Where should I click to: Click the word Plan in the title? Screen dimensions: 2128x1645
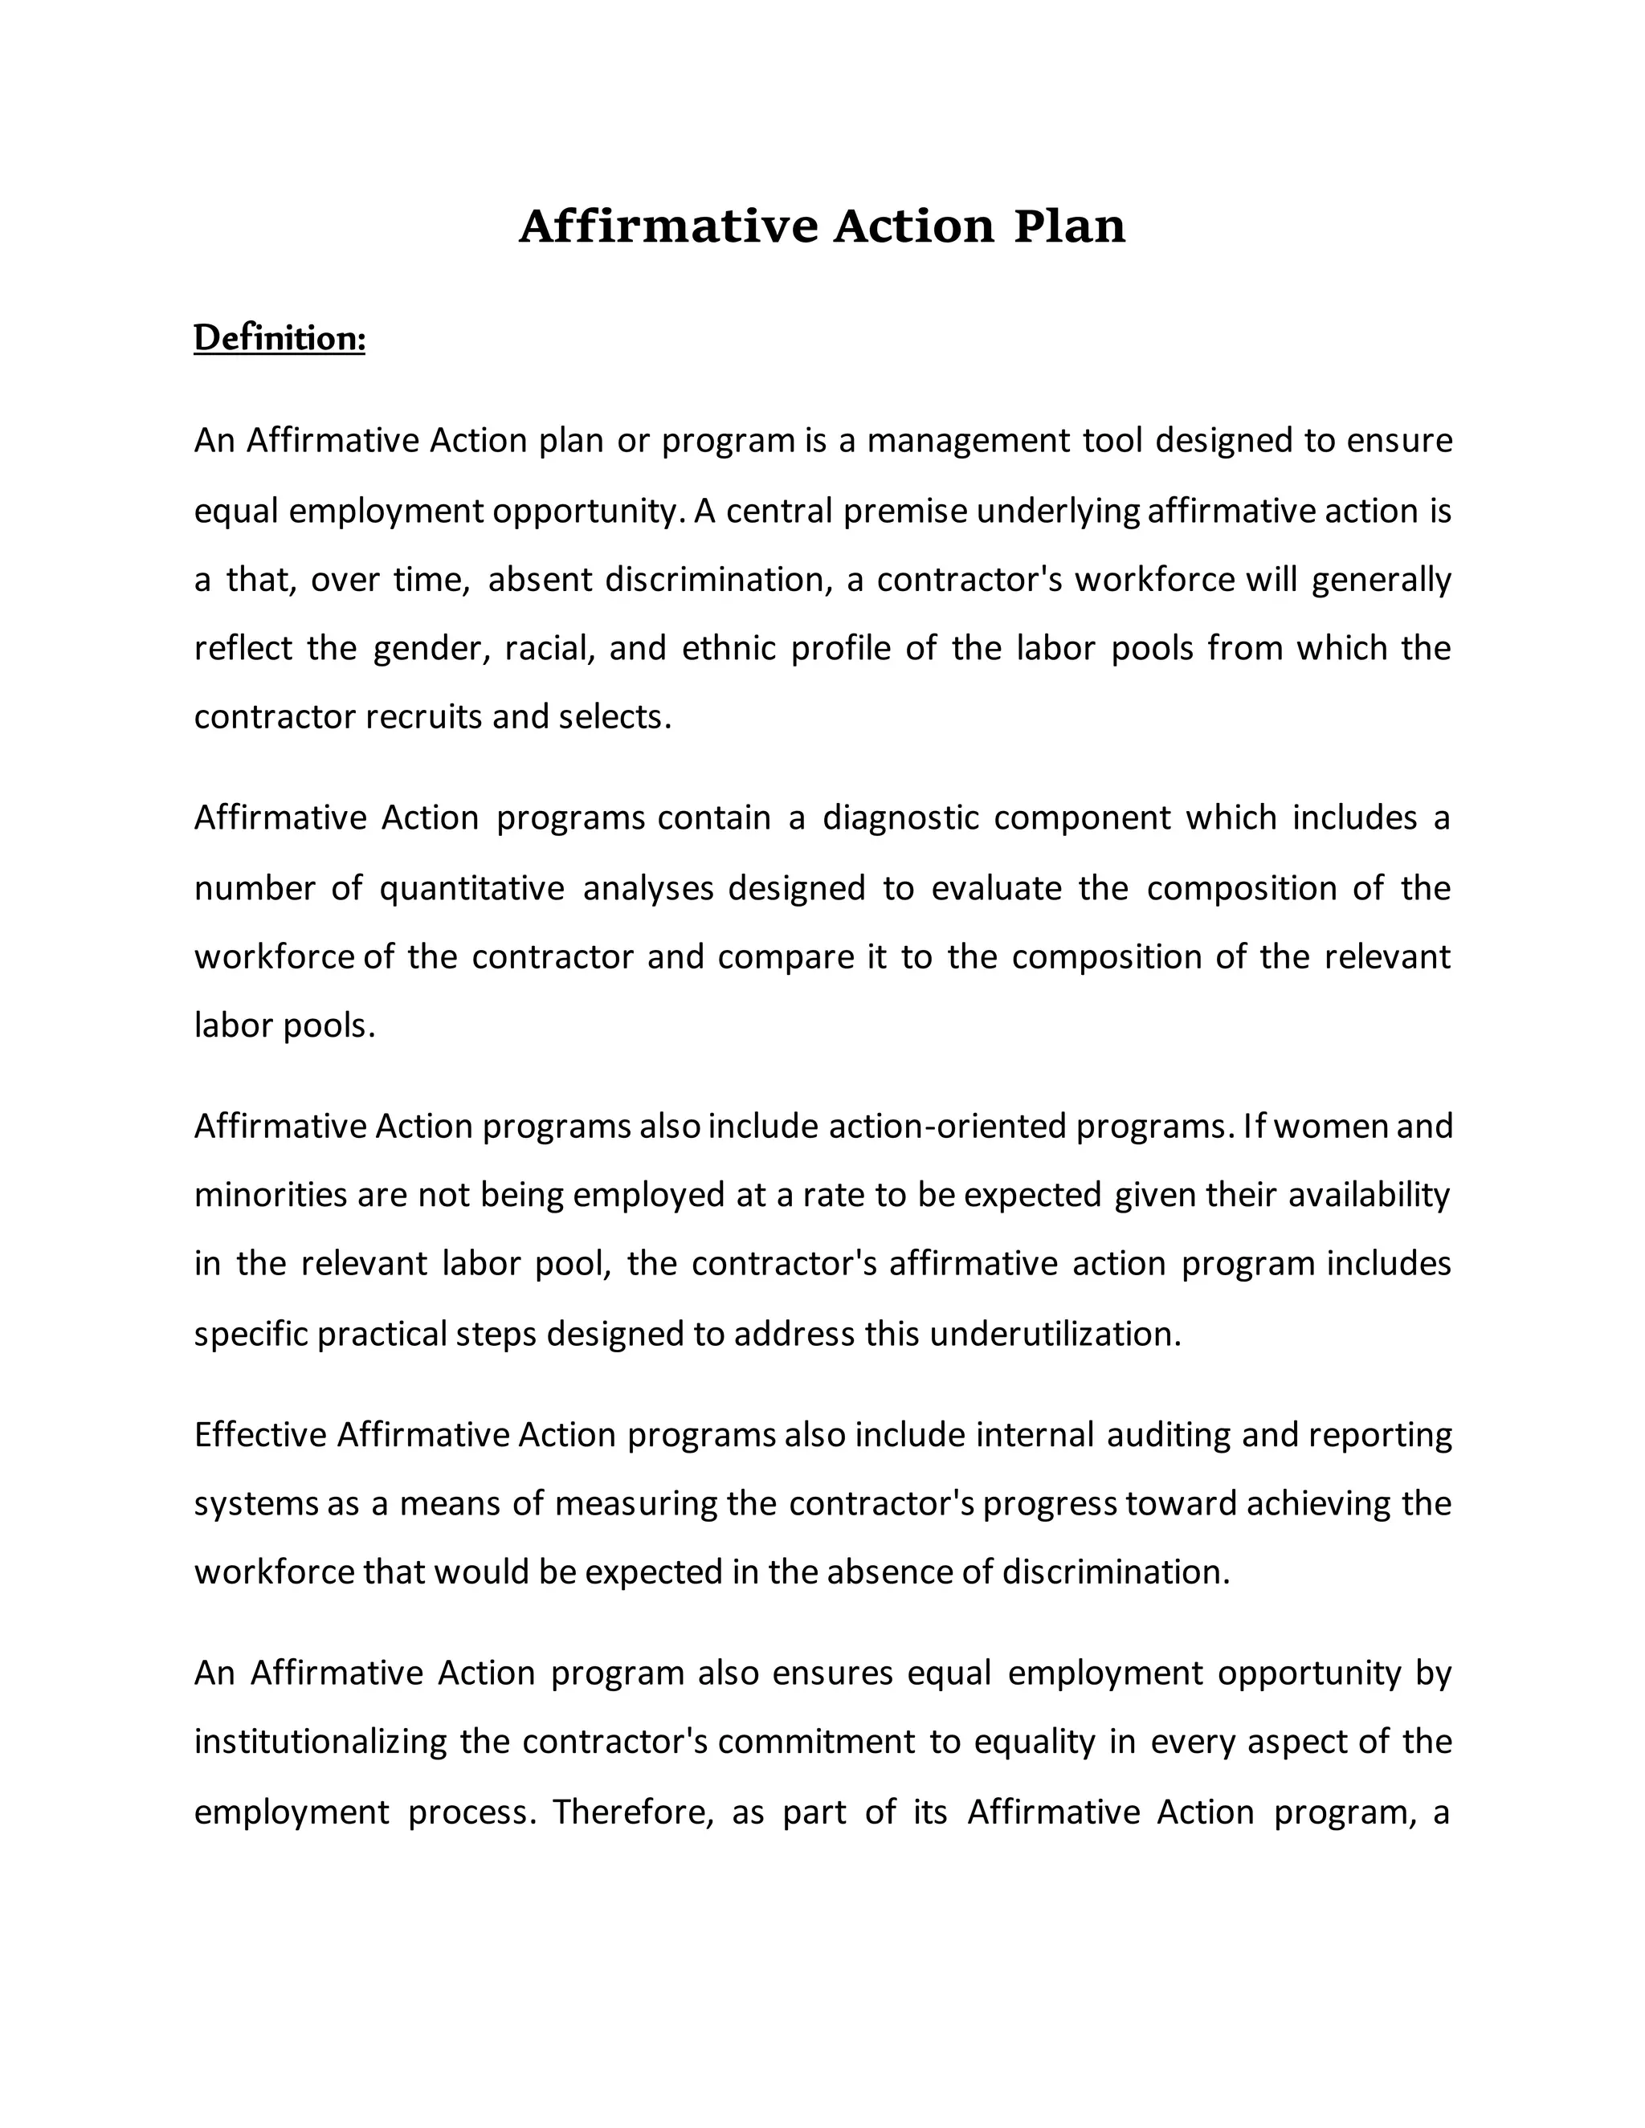pyautogui.click(x=1069, y=226)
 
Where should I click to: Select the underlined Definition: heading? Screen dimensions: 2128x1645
pyautogui.click(x=280, y=339)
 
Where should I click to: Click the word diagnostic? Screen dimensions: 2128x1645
pyautogui.click(x=900, y=817)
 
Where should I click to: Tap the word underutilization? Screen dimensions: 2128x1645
pyautogui.click(x=1055, y=1334)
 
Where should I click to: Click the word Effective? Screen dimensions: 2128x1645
pyautogui.click(x=260, y=1435)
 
